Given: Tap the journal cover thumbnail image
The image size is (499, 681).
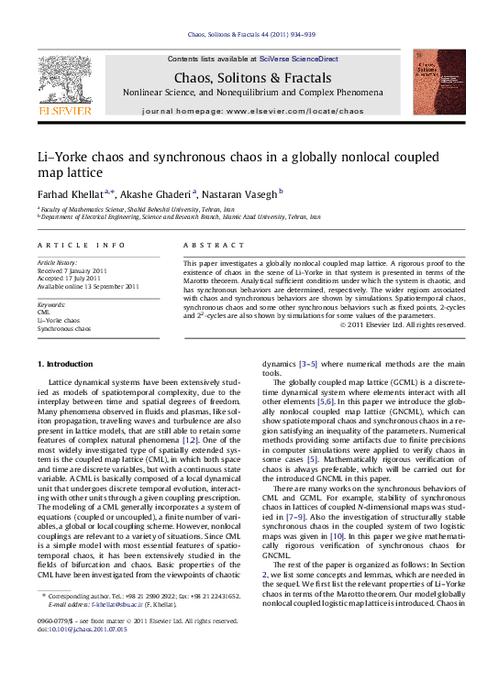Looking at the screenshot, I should pyautogui.click(x=436, y=85).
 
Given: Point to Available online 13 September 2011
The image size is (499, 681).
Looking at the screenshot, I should pyautogui.click(x=88, y=286).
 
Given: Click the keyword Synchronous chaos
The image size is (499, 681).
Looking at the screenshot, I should pyautogui.click(x=64, y=327).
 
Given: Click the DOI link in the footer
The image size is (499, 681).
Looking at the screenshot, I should pyautogui.click(x=88, y=656).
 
